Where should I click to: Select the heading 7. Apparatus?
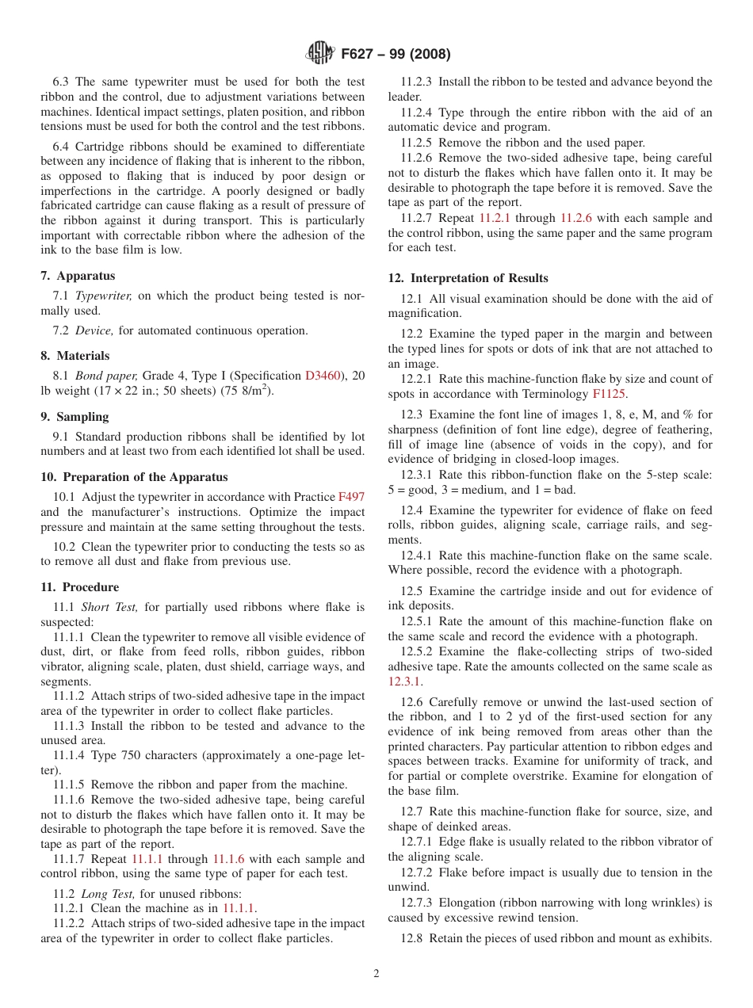(78, 276)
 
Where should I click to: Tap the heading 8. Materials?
(75, 356)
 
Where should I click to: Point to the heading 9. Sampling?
(75, 417)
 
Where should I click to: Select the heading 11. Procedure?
(79, 587)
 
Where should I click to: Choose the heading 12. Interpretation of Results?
(468, 278)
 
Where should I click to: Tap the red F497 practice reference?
(351, 497)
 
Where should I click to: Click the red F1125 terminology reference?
(608, 394)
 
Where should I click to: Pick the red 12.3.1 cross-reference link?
(404, 682)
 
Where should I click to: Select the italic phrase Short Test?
(109, 607)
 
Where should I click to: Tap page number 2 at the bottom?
(376, 974)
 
